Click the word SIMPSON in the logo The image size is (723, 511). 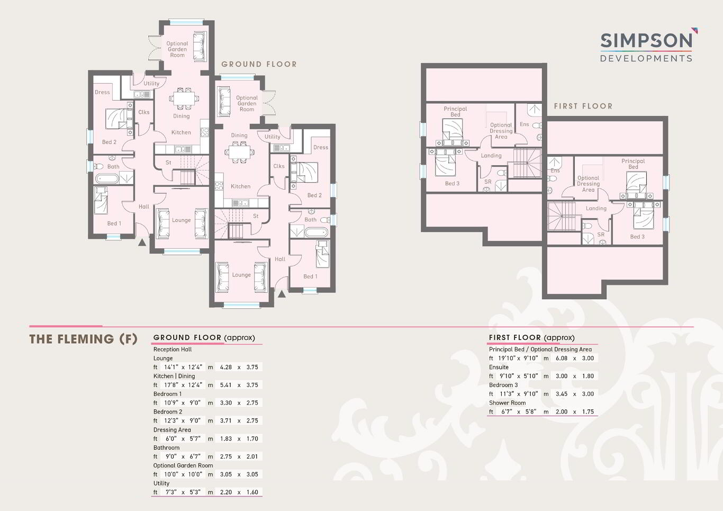tap(646, 41)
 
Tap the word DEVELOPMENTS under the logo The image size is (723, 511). tap(646, 58)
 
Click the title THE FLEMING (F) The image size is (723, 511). tap(83, 339)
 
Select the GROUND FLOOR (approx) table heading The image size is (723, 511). tap(204, 337)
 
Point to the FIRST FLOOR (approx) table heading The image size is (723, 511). tap(531, 337)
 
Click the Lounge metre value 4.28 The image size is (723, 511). tap(226, 367)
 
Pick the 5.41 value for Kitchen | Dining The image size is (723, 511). tap(226, 385)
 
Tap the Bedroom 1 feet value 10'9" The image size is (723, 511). tap(171, 403)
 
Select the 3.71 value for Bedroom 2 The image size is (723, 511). tap(226, 420)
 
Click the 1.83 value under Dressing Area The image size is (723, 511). tap(226, 438)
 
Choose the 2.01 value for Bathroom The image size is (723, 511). tap(252, 456)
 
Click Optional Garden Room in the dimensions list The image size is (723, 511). tap(183, 465)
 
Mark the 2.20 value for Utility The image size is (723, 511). tap(226, 492)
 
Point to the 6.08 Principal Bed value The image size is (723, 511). tap(562, 358)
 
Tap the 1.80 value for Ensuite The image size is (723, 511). tap(588, 376)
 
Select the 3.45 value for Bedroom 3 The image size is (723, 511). tap(562, 394)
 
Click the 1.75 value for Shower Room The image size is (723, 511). tap(588, 411)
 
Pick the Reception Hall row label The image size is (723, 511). tap(173, 349)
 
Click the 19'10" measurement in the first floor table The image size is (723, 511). tap(506, 358)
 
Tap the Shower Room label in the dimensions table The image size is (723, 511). tap(507, 403)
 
